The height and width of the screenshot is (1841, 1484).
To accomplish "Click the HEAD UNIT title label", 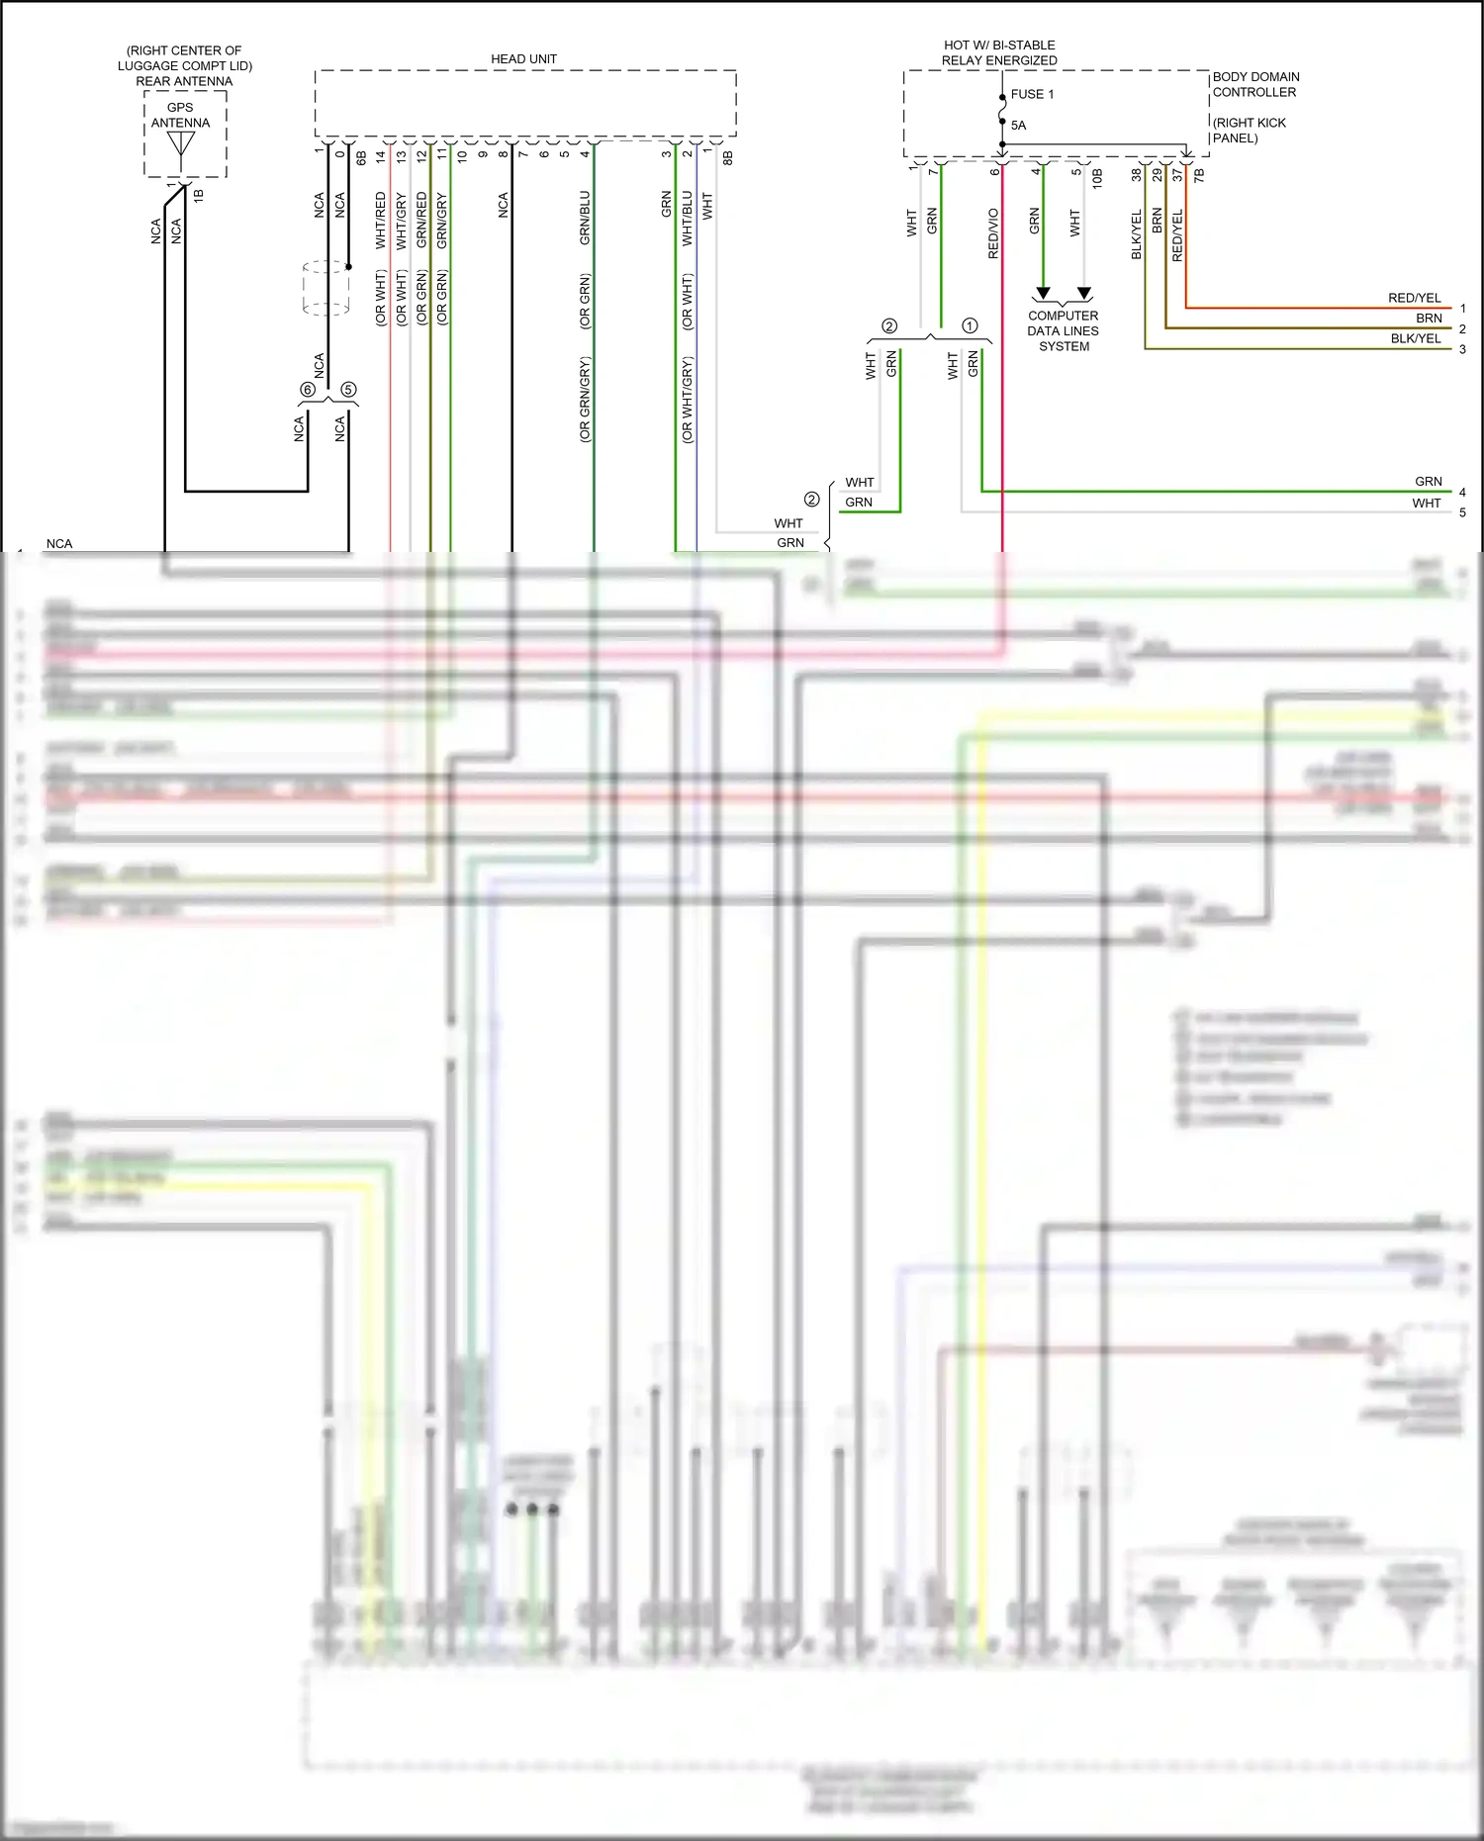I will point(523,59).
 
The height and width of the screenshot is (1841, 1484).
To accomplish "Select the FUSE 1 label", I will point(1032,94).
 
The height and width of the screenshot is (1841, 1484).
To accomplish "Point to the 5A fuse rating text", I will point(1018,126).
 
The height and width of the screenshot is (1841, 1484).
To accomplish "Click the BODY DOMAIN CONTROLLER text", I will point(1255,84).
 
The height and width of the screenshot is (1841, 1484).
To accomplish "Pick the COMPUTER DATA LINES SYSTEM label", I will point(1064,331).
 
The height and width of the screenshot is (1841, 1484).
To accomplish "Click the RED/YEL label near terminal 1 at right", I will point(1414,298).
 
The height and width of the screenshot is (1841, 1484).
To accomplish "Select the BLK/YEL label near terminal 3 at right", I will point(1416,338).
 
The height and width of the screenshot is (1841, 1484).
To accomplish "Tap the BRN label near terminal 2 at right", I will point(1429,319).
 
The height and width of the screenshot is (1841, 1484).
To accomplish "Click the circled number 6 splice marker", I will point(308,390).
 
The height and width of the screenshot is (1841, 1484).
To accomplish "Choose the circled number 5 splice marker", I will point(348,390).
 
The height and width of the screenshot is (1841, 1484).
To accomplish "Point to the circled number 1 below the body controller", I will point(970,325).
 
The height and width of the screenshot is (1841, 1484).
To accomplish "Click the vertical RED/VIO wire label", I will point(993,233).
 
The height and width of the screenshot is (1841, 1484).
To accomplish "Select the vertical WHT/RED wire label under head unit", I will point(381,220).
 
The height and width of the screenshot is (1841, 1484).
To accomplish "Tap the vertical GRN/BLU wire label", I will point(585,218).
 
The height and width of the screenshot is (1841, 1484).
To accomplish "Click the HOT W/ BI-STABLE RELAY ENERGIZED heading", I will point(999,52).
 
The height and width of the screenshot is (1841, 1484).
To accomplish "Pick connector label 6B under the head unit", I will point(361,157).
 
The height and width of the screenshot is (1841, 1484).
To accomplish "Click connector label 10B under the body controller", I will point(1097,178).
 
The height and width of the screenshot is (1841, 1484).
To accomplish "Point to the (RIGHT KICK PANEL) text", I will point(1250,131).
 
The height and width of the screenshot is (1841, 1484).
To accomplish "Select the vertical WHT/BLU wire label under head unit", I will point(688,218).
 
